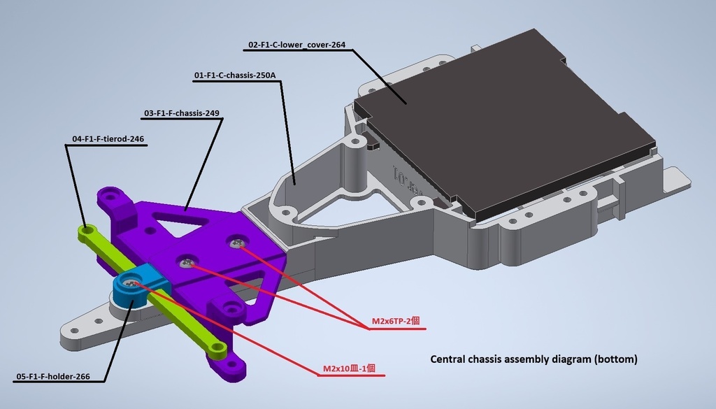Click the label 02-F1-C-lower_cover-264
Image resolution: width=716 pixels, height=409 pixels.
click(296, 45)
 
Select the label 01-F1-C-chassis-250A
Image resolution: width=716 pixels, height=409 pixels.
click(235, 76)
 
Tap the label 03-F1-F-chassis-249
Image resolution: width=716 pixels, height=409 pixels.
click(182, 113)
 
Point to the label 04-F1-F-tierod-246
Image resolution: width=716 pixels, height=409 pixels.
click(108, 138)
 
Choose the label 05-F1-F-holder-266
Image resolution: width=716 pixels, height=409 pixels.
click(53, 377)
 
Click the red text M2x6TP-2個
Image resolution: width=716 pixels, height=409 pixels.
click(396, 321)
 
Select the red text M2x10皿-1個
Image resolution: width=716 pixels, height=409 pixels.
click(350, 368)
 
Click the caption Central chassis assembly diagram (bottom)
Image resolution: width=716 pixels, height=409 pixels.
click(534, 359)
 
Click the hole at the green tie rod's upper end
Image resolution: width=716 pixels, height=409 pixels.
click(84, 228)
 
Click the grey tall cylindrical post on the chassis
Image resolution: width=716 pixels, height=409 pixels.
click(355, 166)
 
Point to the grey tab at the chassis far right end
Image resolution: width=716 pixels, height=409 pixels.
click(677, 179)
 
